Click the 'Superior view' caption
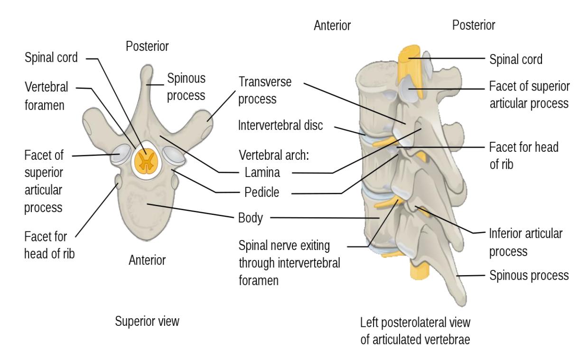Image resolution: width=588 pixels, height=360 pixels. coord(147,321)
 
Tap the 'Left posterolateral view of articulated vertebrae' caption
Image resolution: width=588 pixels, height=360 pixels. coord(415,331)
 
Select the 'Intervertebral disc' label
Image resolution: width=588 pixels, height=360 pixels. coord(280,125)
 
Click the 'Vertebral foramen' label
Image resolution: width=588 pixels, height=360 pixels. coord(47,96)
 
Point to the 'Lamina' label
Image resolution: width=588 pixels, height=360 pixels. coord(262,173)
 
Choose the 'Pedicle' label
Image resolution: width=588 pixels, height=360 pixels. coord(261,193)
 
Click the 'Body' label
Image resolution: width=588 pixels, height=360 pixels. coord(251,218)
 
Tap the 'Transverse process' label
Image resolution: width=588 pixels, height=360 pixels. coord(265,91)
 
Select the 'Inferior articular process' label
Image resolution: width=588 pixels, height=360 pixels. coord(525,242)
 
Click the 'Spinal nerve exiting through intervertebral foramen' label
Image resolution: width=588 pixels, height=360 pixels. coord(289,263)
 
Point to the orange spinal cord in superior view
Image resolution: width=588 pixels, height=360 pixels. coord(146,161)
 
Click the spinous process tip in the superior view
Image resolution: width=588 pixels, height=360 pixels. coord(147,67)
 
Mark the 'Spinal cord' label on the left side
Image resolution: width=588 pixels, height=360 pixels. coord(51,58)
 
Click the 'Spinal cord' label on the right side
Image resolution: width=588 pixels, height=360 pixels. coord(516,59)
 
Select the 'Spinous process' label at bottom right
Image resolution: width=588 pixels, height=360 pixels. coord(529,276)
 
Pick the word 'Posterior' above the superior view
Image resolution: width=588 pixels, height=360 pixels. coord(147,46)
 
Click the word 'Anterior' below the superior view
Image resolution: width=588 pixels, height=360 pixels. coord(147,260)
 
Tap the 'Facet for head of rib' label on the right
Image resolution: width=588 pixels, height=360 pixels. coord(523,156)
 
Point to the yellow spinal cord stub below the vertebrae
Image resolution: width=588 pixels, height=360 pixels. coord(420,271)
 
